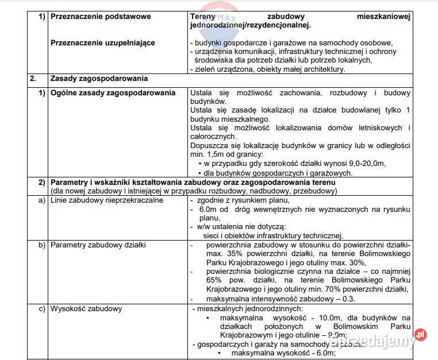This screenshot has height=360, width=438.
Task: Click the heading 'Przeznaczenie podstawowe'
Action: (101, 17)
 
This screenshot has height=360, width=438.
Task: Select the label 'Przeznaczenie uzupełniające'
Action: (102, 42)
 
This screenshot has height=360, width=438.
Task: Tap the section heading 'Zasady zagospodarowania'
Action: (99, 79)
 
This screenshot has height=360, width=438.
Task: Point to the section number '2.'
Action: (34, 79)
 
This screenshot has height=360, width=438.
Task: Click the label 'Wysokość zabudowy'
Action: (86, 308)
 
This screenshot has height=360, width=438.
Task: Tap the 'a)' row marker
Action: (41, 200)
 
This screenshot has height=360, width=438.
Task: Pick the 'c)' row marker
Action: (41, 308)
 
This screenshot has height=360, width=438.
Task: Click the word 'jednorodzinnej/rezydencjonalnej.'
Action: (250, 26)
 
